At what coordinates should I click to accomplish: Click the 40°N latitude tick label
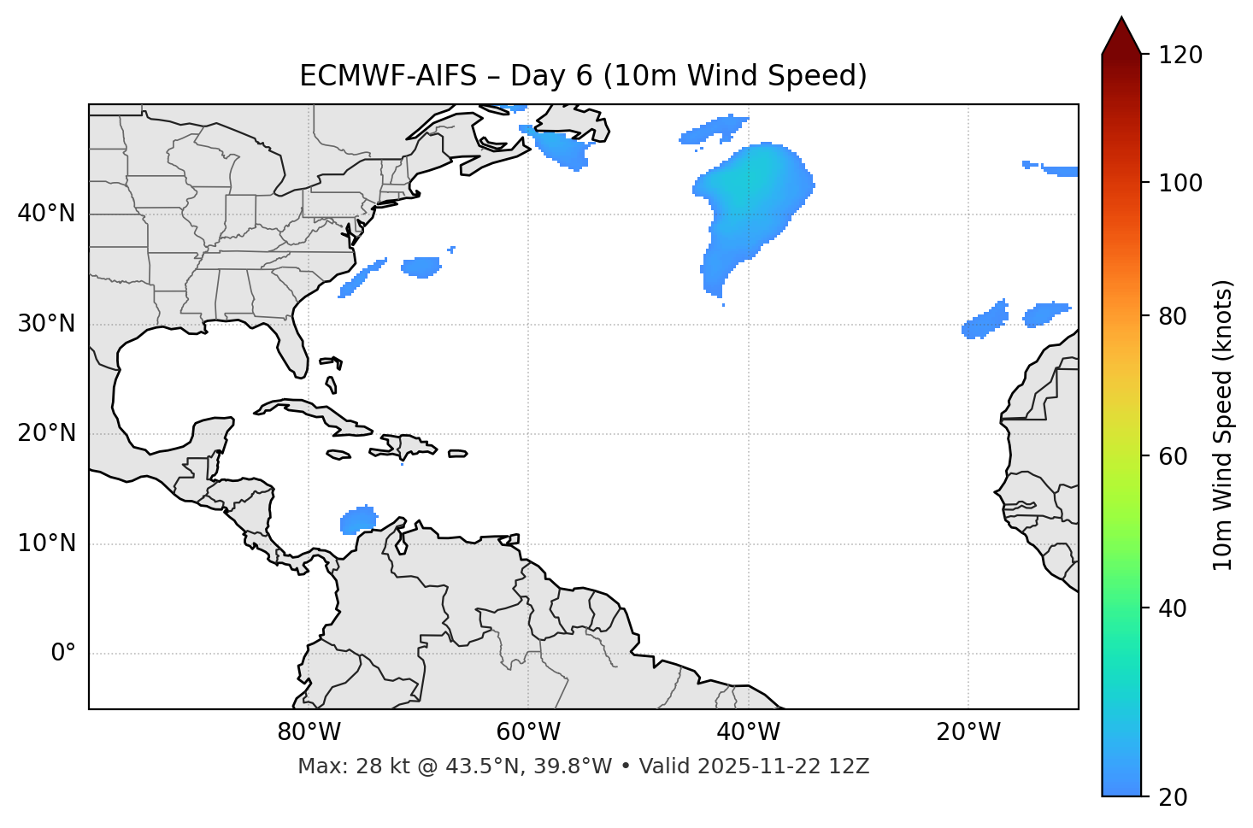[46, 214]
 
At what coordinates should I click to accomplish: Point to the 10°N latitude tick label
[46, 543]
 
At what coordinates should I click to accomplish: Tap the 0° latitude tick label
[63, 654]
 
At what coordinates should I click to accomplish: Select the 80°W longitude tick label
[309, 732]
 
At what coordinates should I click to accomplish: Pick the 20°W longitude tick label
[968, 732]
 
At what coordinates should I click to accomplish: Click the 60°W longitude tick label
[528, 732]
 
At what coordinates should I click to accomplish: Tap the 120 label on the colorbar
[1180, 56]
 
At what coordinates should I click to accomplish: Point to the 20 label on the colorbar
[1173, 797]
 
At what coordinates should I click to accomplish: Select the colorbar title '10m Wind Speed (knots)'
[1223, 425]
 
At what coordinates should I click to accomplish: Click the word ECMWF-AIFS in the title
[387, 76]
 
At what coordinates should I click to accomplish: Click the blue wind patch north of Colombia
[358, 520]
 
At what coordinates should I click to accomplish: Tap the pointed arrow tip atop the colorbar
[1121, 26]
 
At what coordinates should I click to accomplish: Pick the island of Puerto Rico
[457, 454]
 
